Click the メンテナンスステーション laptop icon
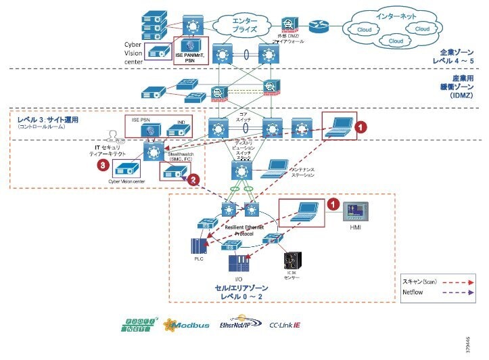point(273,166)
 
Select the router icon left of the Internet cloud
point(318,26)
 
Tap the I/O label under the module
point(238,279)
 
